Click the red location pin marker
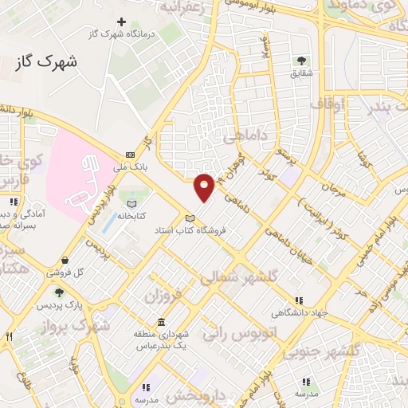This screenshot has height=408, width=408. [204, 186]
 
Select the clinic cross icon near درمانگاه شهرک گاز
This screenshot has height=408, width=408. [121, 22]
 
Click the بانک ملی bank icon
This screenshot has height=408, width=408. [129, 155]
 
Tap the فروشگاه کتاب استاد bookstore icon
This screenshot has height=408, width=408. [189, 218]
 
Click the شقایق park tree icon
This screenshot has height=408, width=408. [301, 60]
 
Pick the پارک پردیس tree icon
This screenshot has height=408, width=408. [57, 292]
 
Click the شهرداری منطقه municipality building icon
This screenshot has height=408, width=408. [162, 323]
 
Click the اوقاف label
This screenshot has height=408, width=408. [328, 104]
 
